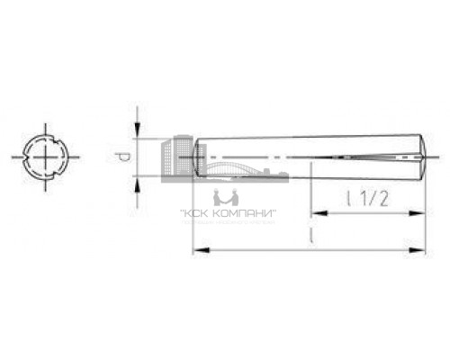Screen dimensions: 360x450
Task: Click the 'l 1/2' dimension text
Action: [364, 201]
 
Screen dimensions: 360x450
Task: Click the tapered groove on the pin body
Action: [360, 157]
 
